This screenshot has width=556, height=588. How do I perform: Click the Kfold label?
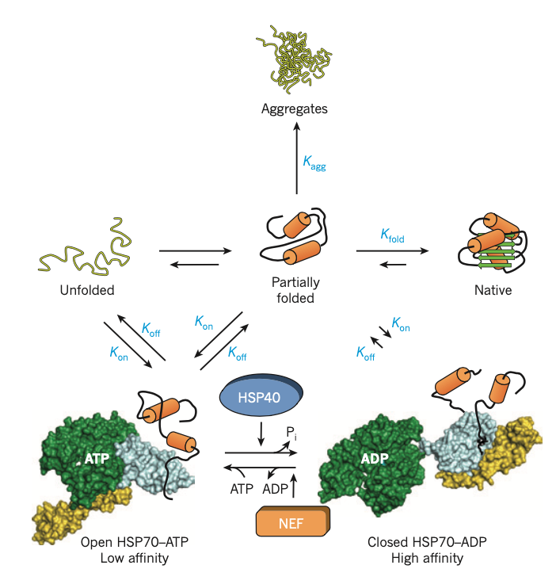click(394, 235)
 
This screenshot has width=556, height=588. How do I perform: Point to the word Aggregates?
click(295, 108)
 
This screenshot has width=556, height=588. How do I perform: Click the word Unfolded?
click(87, 290)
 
